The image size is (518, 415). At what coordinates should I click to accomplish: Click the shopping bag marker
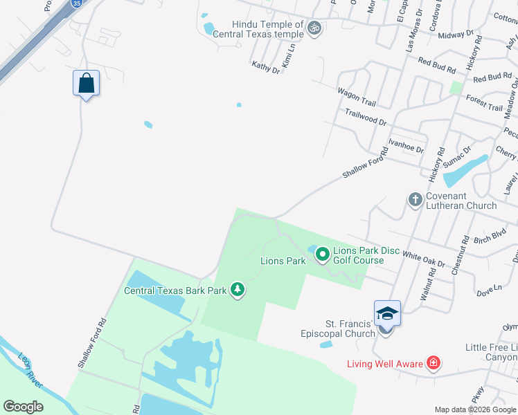[86, 84]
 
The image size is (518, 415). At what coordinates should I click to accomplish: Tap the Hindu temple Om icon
[315, 28]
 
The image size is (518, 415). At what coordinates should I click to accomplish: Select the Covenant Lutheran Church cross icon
[416, 200]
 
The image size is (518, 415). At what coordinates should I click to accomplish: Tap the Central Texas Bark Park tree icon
[238, 290]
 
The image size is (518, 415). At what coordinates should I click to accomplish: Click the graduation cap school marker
[387, 315]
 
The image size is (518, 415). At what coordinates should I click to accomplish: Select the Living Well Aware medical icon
[434, 363]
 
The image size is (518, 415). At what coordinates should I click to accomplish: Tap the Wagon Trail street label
[356, 97]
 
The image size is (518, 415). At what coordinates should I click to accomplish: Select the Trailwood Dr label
[366, 116]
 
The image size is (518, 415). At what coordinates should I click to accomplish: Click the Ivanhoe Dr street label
[406, 146]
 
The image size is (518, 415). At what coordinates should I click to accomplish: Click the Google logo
[23, 407]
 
